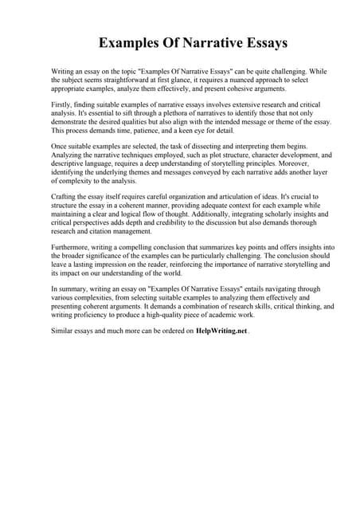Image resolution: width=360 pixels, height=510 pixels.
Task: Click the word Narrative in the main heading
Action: (x=201, y=41)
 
